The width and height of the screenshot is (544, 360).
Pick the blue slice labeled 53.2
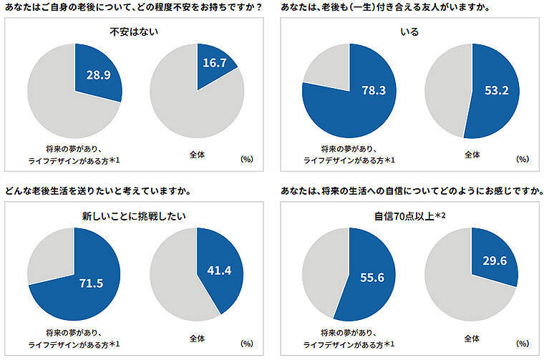pyautogui.click(x=494, y=92)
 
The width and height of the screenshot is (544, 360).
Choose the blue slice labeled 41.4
pyautogui.click(x=218, y=271)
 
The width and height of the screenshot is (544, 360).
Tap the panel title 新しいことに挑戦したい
pyautogui.click(x=135, y=214)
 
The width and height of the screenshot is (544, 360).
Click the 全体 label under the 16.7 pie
pyautogui.click(x=196, y=154)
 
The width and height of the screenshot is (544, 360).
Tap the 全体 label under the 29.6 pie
pyautogui.click(x=472, y=336)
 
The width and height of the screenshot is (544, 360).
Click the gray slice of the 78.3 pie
pyautogui.click(x=326, y=68)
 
